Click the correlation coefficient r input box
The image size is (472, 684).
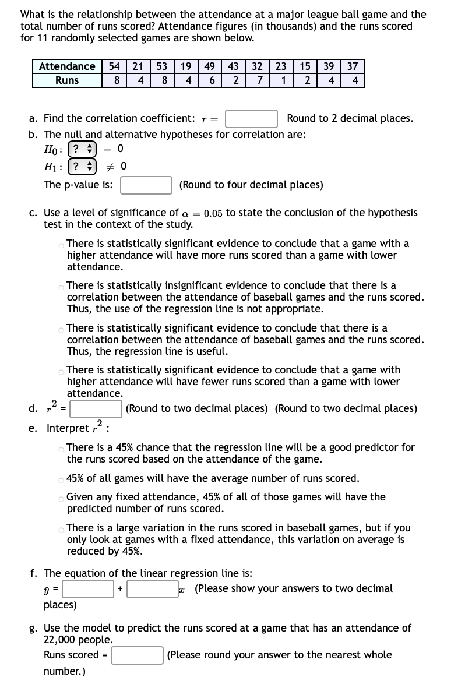click(x=251, y=119)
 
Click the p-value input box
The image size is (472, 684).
click(x=146, y=185)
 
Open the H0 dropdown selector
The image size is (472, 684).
click(x=81, y=149)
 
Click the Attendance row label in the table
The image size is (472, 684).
click(x=67, y=66)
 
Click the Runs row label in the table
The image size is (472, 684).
click(x=67, y=80)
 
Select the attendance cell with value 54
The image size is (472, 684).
click(x=115, y=66)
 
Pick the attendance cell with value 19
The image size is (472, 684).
click(x=186, y=66)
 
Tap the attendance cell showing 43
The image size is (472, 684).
click(x=235, y=66)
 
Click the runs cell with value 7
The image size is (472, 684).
click(x=259, y=80)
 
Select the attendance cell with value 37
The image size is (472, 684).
click(x=353, y=66)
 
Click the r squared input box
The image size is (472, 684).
click(x=96, y=409)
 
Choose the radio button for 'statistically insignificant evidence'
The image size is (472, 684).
click(x=61, y=286)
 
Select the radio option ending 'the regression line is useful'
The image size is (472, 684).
click(x=61, y=329)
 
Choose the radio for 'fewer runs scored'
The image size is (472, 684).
click(x=61, y=371)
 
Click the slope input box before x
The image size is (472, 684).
click(x=153, y=589)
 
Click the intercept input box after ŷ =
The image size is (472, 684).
click(x=89, y=589)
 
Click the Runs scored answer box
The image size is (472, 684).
click(x=137, y=655)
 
